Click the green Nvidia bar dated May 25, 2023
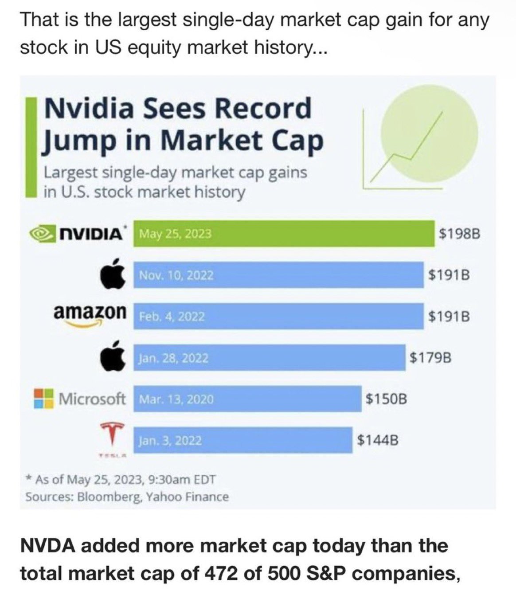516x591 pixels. tap(284, 233)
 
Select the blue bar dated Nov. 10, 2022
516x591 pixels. tap(278, 275)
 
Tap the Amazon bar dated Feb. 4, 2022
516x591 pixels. tap(278, 316)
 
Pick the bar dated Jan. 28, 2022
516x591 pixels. tap(269, 357)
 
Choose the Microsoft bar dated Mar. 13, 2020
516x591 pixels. tap(247, 399)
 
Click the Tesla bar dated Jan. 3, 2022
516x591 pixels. tap(243, 440)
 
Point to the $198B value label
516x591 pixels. tap(459, 234)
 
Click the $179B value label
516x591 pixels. tap(430, 357)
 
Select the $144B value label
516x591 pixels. tap(378, 440)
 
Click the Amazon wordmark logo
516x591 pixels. tap(90, 312)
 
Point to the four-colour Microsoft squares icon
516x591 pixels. tap(44, 398)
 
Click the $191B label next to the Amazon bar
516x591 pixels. tap(449, 316)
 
